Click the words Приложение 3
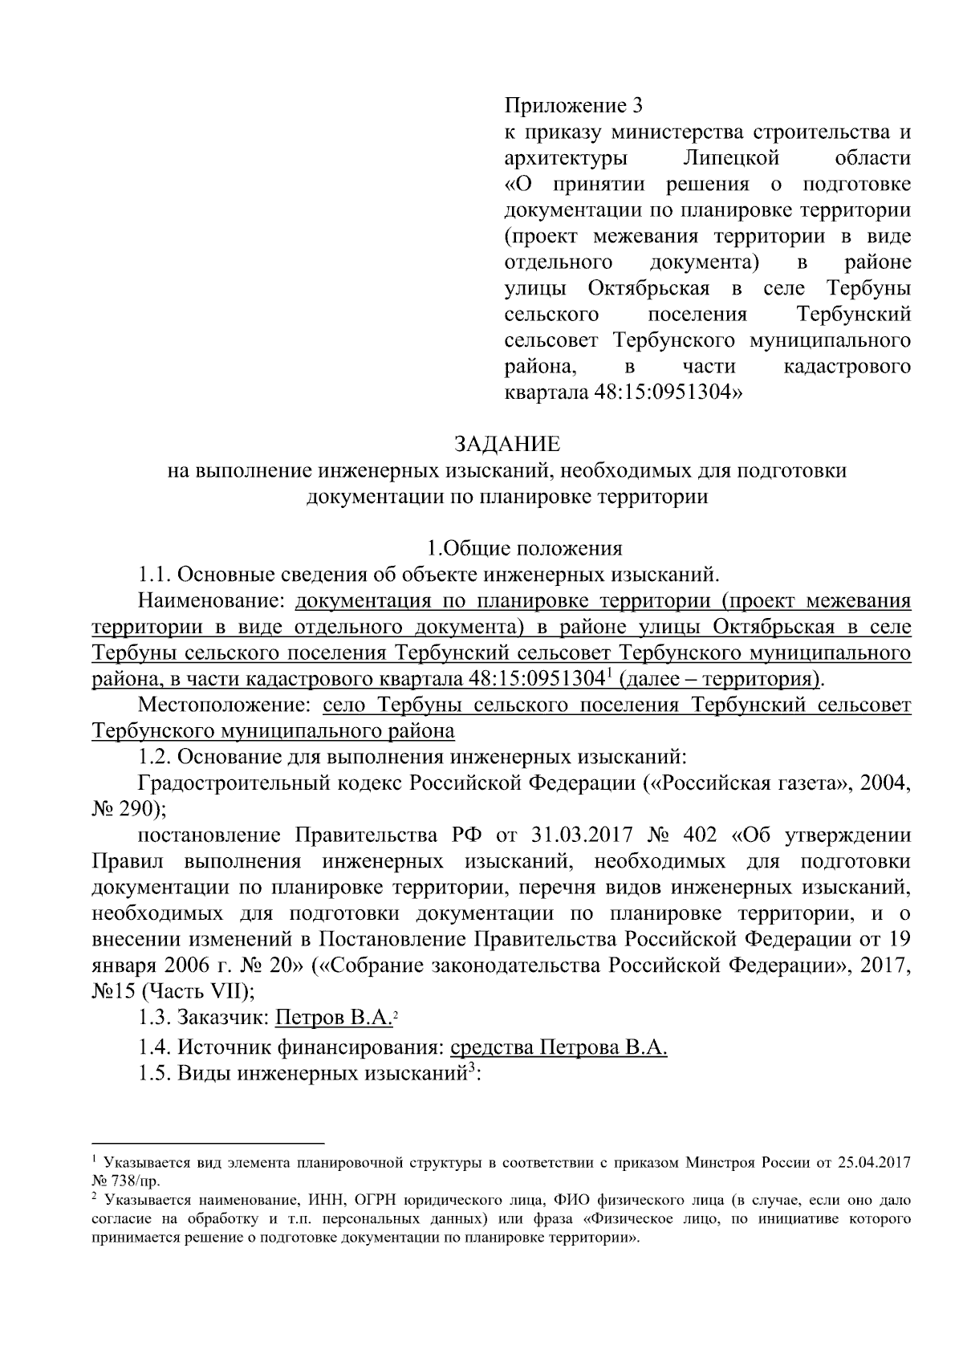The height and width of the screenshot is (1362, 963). coord(574,106)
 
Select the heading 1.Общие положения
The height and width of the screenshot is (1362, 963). coord(524,549)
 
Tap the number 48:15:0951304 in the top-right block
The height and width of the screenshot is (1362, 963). coord(660,393)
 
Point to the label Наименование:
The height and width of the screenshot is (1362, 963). coord(212,601)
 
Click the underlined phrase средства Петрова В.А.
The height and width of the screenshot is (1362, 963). coord(559,1047)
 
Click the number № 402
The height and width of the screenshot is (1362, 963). coord(681,835)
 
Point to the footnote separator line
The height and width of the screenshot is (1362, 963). coord(208,1142)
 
